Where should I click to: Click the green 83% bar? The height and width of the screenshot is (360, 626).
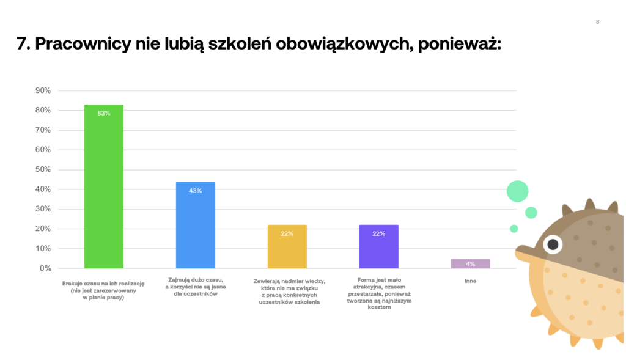coord(103,189)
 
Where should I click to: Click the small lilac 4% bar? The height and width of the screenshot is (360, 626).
coord(470,264)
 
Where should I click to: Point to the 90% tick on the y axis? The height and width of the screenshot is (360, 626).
coord(44,90)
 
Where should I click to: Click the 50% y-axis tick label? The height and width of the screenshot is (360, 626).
coord(44,169)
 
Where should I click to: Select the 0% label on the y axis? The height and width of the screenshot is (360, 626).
coord(46,268)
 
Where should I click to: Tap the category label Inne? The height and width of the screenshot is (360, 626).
coord(470,281)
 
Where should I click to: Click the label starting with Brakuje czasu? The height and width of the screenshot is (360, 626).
coord(103,290)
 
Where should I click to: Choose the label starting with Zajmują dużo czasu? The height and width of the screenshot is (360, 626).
coord(195,287)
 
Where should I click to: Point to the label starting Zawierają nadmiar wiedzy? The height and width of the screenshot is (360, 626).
coord(287,291)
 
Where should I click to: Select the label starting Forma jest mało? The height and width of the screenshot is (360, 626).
coord(378,294)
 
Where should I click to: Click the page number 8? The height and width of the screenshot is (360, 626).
coord(597,22)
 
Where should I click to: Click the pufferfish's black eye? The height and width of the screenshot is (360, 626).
coord(553,244)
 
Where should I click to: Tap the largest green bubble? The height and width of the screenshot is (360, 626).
coord(517,191)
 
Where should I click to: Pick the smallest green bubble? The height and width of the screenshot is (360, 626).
coord(514,229)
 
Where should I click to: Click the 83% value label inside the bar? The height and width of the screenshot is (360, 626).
coord(103,113)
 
